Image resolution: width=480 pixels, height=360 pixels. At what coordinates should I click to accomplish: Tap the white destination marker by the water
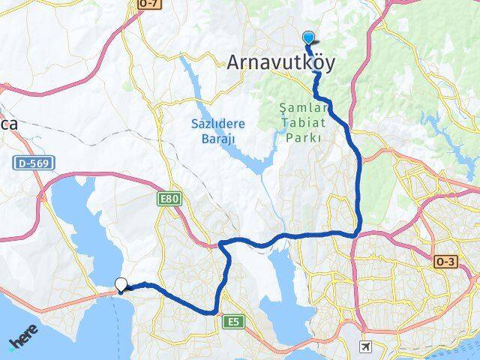click(121, 284)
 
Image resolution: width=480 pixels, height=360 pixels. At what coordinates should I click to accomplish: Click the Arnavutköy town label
click(280, 64)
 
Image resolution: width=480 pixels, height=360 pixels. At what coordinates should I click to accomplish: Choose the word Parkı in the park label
click(303, 138)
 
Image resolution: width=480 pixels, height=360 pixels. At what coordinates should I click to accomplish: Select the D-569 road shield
click(28, 163)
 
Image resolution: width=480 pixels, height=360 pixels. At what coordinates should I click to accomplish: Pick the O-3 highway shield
click(444, 261)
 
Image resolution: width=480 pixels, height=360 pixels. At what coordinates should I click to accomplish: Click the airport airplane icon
click(365, 346)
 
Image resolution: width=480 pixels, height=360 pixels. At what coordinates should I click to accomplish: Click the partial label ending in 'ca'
click(9, 125)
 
